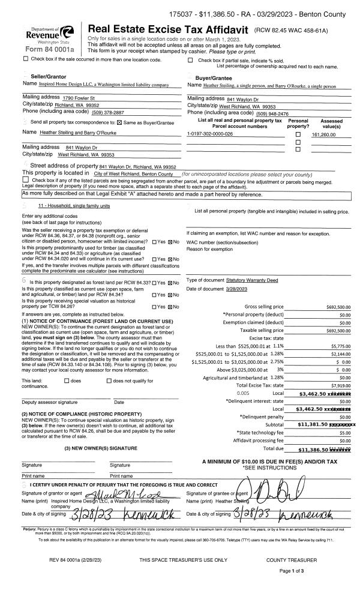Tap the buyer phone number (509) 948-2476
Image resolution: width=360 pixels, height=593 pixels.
[x=272, y=113]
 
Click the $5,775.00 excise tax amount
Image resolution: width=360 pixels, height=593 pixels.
[x=340, y=346]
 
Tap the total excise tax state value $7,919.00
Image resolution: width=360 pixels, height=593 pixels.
[x=340, y=385]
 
